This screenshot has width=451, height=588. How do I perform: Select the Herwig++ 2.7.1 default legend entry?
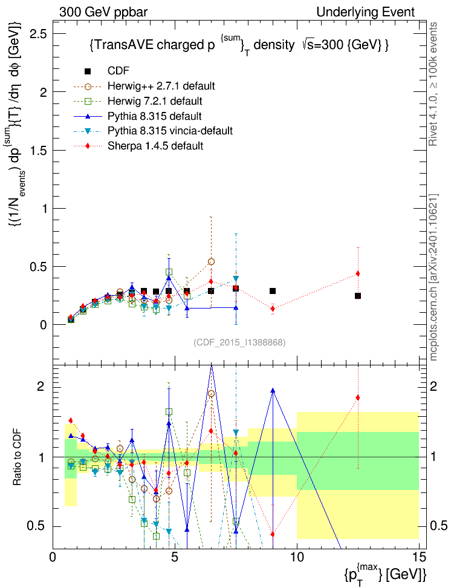pos(144,86)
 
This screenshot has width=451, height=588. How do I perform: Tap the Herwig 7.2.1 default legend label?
pos(155,101)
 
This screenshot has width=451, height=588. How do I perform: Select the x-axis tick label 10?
pos(297,557)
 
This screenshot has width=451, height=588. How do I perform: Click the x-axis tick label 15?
pos(419,557)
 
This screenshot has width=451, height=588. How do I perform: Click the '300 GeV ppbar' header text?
pos(103,12)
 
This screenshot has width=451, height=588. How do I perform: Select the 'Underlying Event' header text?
pos(366,12)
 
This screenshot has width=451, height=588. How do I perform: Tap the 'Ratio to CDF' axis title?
pos(17,457)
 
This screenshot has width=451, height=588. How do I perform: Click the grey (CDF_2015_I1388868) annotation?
pos(239,342)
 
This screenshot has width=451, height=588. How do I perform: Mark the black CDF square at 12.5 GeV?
pos(358,296)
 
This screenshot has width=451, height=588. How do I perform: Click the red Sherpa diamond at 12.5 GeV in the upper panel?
pos(358,274)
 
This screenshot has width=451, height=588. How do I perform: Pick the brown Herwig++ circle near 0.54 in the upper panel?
pos(211,262)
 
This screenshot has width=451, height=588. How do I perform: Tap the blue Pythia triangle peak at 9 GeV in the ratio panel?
pos(273,390)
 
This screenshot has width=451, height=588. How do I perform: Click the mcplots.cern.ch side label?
pos(433,277)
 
